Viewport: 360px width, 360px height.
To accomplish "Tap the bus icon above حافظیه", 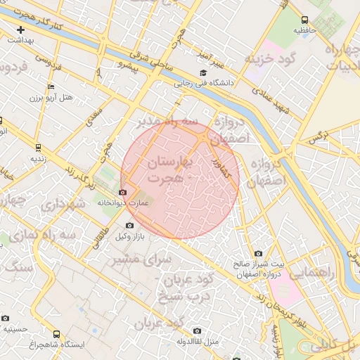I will [304, 20].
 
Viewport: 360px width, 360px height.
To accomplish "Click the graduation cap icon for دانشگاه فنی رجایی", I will [203, 73].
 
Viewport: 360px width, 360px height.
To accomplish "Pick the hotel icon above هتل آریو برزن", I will [50, 86].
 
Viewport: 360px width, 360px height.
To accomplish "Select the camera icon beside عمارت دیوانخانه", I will [124, 192].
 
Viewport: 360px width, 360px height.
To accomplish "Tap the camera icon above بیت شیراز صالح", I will [258, 253].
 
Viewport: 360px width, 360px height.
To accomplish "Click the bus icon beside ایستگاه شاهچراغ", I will [56, 335].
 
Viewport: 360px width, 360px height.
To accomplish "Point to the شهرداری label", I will [63, 206].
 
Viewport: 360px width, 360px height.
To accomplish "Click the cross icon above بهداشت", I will [21, 30].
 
